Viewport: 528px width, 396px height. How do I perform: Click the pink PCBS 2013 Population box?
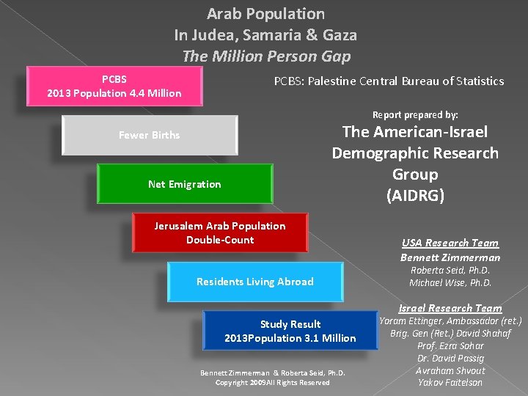114,86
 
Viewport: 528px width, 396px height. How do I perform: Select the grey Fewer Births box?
150,135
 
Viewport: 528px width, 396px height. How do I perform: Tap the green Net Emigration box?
184,184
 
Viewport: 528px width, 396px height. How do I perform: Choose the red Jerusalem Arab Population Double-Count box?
220,232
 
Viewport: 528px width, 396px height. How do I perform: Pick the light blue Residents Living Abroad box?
254,282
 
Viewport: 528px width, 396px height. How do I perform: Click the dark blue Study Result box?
290,331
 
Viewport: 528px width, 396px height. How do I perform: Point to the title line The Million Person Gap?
265,56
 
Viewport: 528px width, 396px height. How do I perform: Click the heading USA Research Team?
450,243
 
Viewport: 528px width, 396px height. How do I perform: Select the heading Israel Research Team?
450,308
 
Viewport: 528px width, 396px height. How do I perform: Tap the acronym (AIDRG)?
415,196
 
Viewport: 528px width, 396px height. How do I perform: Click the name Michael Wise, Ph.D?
450,282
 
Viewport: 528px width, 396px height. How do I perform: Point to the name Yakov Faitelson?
450,382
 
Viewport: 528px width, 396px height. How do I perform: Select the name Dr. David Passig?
450,358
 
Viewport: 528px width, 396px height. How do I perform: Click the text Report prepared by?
415,114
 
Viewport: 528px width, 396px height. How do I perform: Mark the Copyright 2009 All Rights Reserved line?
272,382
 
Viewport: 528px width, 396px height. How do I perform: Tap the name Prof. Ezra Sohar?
450,345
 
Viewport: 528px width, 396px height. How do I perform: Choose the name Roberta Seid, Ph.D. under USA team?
450,270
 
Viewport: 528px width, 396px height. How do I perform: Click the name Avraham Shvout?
450,370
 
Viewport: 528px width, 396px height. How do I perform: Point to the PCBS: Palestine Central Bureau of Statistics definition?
389,81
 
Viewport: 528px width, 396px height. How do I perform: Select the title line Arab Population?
265,14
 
